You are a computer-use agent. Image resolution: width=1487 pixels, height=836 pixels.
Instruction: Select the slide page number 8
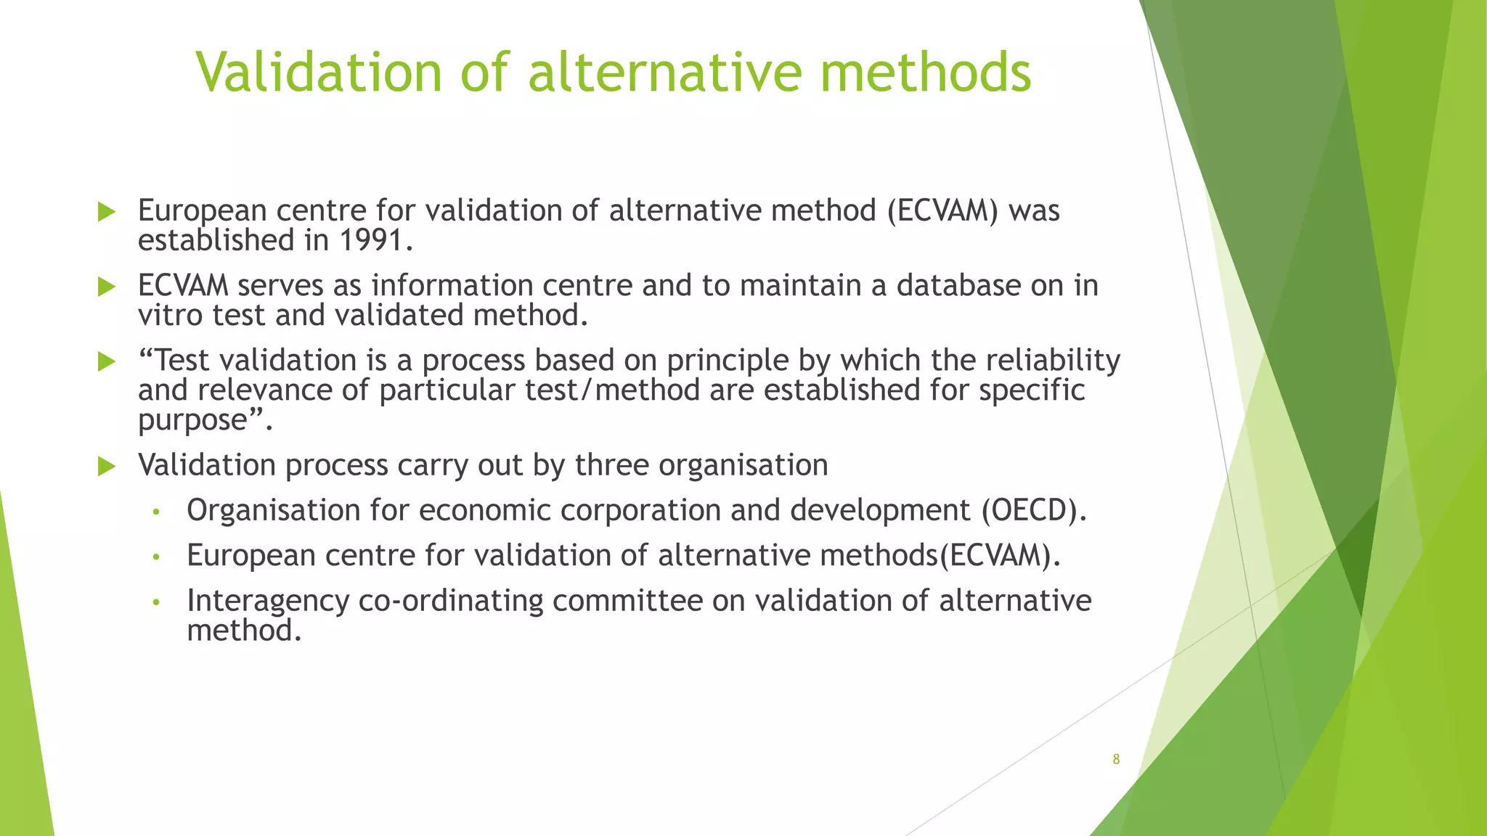click(x=1116, y=759)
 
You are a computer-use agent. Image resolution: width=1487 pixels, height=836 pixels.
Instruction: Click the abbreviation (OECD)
click(x=1033, y=510)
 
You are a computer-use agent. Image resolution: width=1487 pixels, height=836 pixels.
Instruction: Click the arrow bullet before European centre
click(x=107, y=212)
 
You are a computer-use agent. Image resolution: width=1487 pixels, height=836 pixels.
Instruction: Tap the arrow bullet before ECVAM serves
click(x=107, y=287)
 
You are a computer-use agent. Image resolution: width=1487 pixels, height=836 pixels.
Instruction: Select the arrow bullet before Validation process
click(x=107, y=466)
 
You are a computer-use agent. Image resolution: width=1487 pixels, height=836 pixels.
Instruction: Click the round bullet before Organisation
click(x=155, y=512)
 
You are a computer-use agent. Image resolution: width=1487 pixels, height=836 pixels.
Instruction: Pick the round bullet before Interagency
click(x=155, y=602)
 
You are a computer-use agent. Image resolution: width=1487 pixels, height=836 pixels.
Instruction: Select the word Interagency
click(x=268, y=601)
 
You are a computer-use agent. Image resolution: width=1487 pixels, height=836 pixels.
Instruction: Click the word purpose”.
click(x=205, y=421)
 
